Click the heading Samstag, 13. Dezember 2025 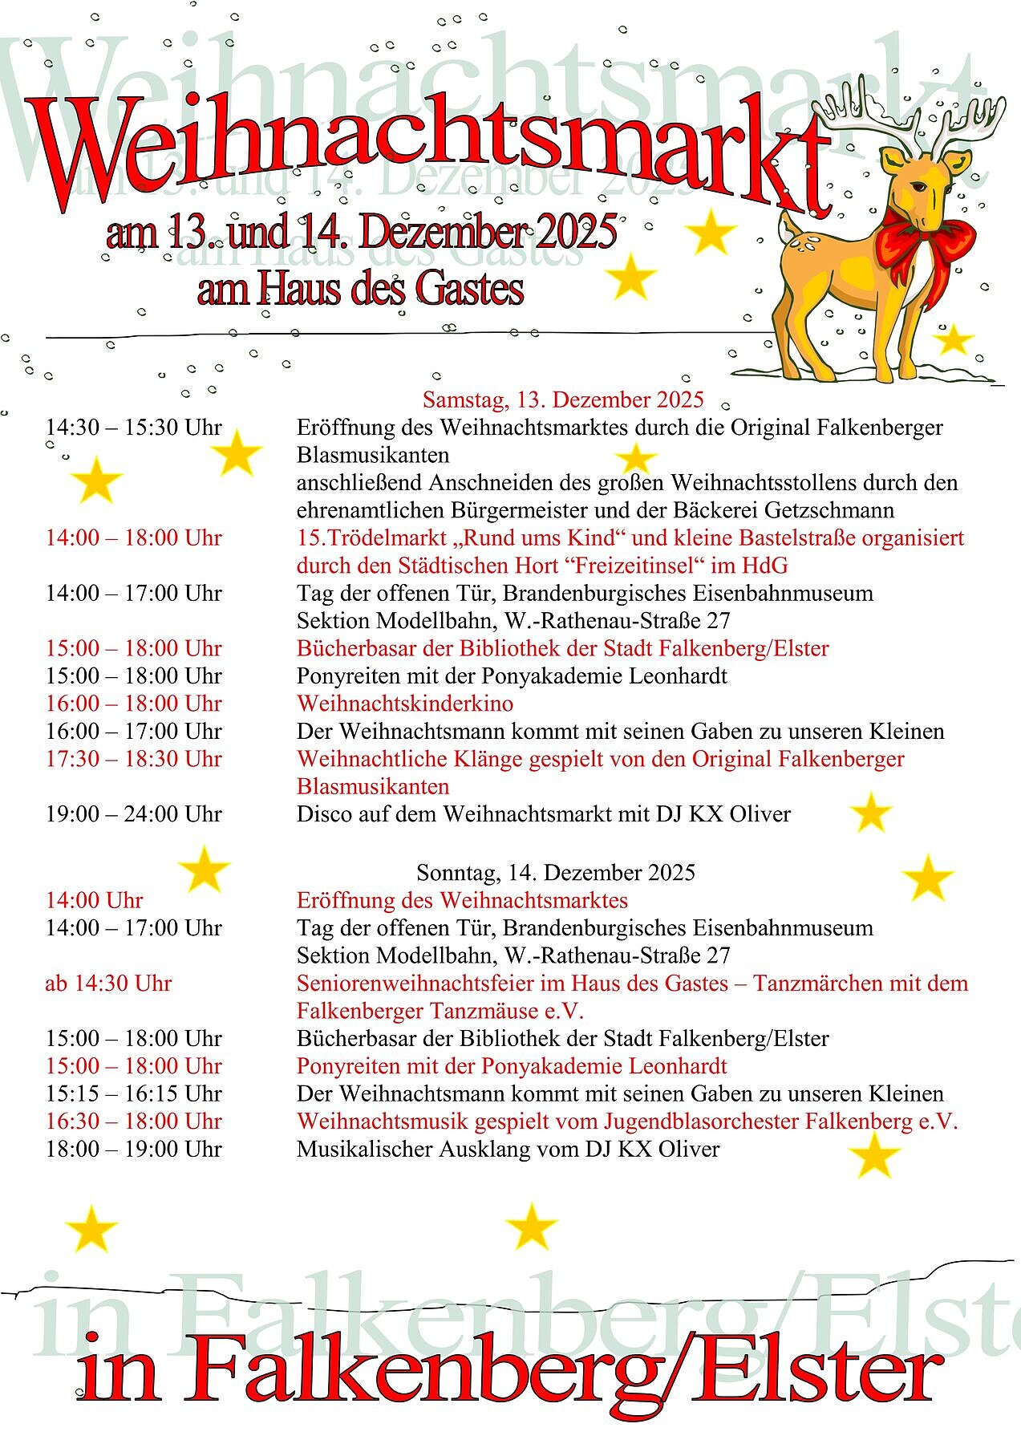click(563, 400)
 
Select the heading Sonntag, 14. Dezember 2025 click(556, 872)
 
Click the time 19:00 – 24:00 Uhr click(133, 814)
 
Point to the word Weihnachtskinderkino click(405, 704)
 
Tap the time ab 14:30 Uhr click(108, 984)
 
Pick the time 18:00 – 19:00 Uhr click(133, 1149)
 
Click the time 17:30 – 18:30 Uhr click(133, 759)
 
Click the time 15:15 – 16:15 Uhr click(133, 1093)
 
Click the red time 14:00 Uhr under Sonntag click(94, 900)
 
